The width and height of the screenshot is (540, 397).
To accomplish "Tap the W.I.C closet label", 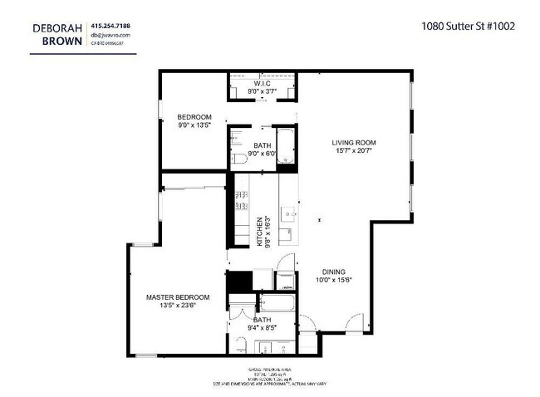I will (x=263, y=85).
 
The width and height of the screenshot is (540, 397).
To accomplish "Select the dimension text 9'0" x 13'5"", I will (x=195, y=125).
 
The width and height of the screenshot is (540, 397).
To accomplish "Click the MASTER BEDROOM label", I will (x=178, y=297).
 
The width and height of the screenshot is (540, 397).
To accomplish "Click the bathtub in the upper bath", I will (x=285, y=145).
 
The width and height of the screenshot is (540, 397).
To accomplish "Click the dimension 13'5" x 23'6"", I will (x=178, y=306).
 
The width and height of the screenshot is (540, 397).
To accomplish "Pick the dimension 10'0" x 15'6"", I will (x=335, y=281).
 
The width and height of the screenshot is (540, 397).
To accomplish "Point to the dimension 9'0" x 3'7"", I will (x=263, y=94).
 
